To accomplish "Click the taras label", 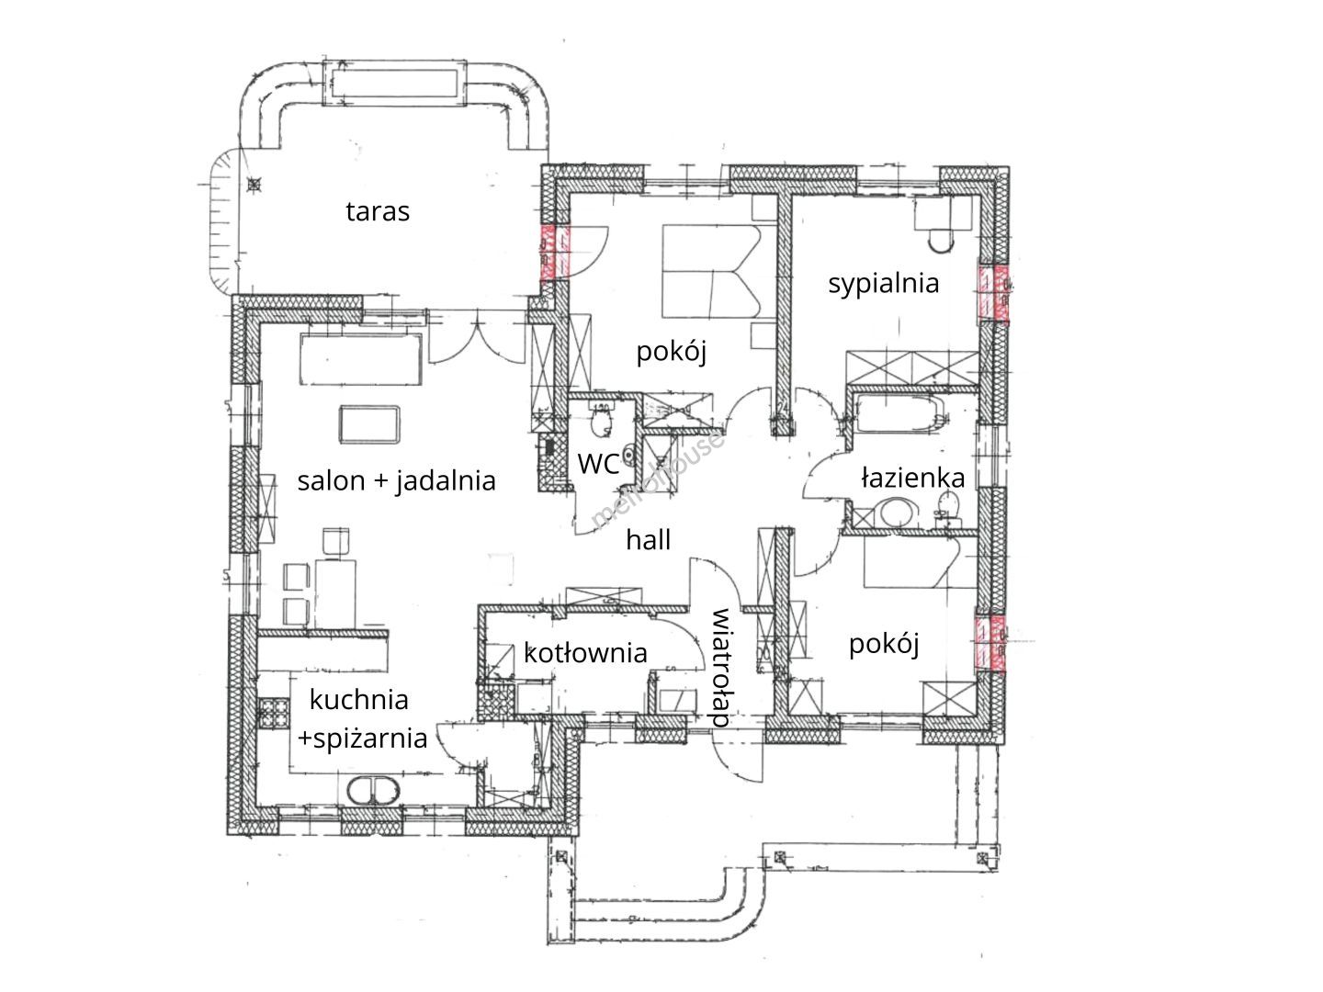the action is tap(378, 211).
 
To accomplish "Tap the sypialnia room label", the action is tap(883, 284).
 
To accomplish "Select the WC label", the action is tap(597, 464).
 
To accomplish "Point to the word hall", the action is tap(648, 539).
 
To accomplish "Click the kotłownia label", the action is tap(585, 653).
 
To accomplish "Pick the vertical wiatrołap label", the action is tap(720, 668).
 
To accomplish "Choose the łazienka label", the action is tap(912, 477).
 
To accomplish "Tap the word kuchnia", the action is tap(358, 699).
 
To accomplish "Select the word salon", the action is tap(331, 480).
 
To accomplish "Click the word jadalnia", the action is tap(446, 481).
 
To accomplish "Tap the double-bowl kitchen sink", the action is tap(374, 790).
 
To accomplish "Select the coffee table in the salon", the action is tap(368, 424).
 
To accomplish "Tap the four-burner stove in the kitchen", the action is tap(274, 713).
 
